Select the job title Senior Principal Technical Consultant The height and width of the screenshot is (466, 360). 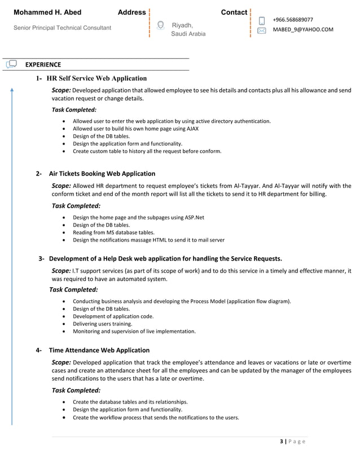[62, 28]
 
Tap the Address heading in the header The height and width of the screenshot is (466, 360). [131, 12]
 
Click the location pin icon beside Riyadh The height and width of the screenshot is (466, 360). [161, 25]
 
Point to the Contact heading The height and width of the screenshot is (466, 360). [234, 12]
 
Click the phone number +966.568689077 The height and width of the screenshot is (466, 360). [293, 20]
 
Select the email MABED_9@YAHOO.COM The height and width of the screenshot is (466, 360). [303, 30]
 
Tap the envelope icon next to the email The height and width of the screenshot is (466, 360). [262, 30]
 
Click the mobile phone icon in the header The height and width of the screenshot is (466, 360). [262, 21]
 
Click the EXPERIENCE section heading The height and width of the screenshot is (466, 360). [43, 65]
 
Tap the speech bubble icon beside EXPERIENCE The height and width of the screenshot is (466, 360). [11, 65]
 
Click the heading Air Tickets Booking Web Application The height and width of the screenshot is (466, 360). [102, 173]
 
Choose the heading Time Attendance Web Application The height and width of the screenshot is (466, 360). [99, 350]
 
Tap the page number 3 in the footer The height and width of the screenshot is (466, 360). [282, 441]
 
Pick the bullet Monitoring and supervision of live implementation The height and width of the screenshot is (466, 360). [134, 331]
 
